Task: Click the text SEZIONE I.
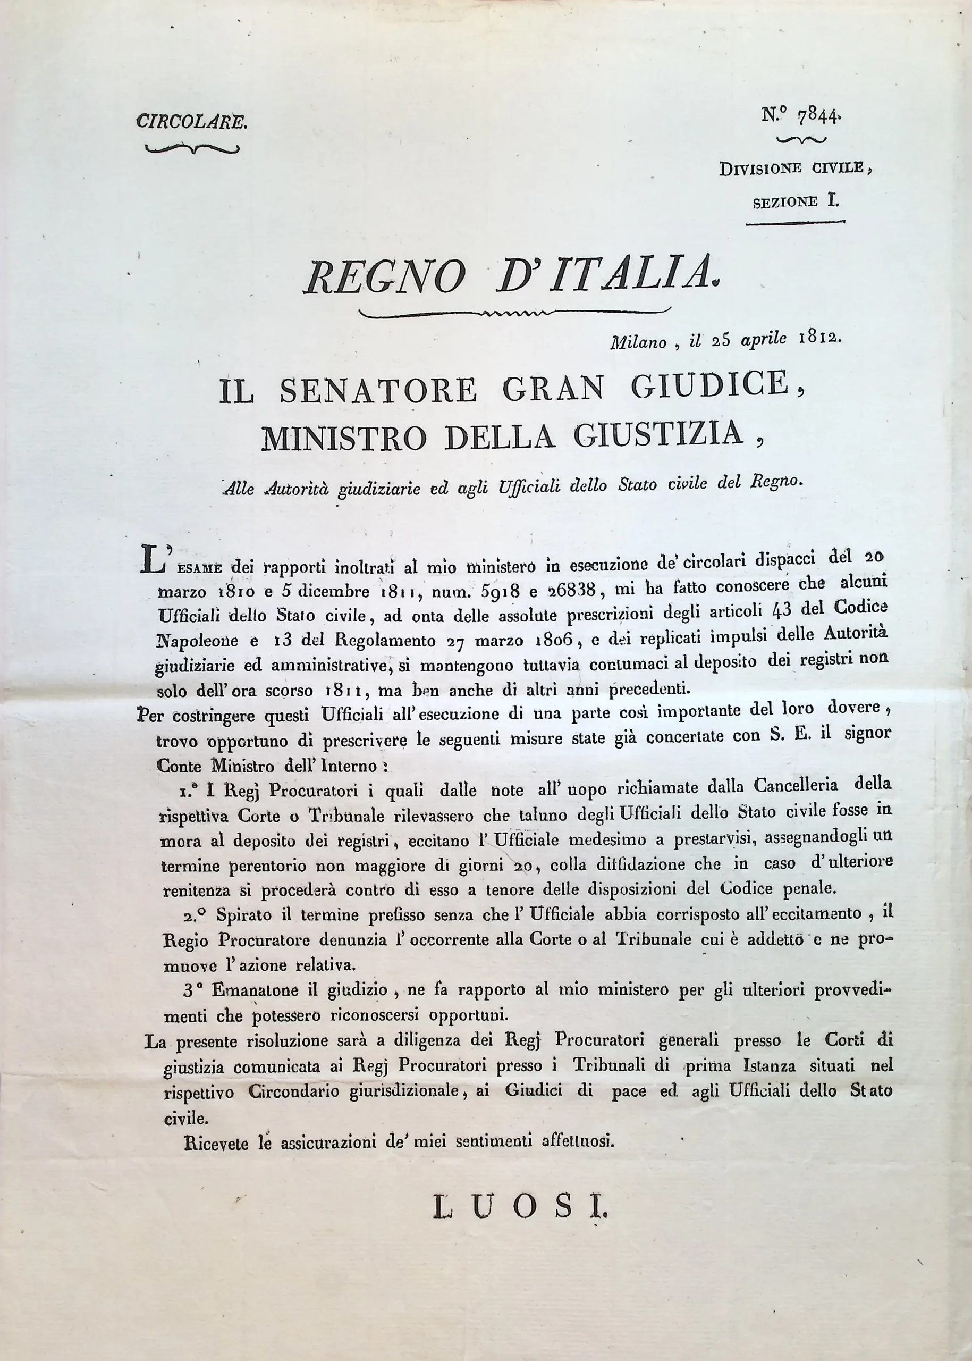point(796,202)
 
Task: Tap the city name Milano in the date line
point(638,343)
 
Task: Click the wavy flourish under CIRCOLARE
point(191,148)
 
